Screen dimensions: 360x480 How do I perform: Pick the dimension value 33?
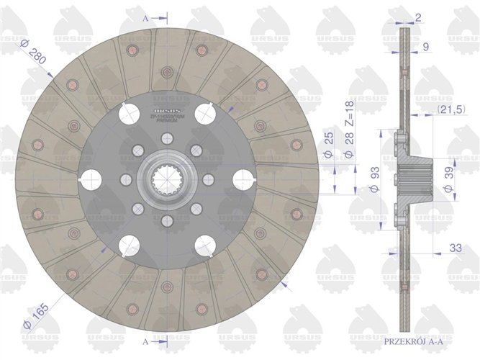(455, 248)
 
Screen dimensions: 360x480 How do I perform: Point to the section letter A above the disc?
(146, 15)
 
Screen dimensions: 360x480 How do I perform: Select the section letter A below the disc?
(146, 341)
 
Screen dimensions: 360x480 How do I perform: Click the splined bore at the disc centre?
(166, 179)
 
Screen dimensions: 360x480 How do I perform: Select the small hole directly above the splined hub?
(166, 138)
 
